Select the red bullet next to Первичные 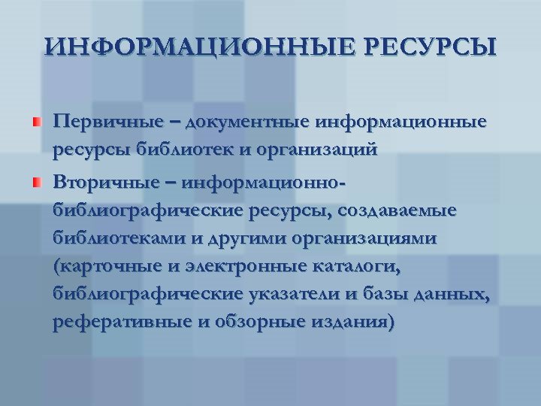[x=36, y=121]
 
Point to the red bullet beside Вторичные [x=36, y=182]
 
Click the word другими [x=213, y=238]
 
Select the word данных [x=459, y=295]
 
